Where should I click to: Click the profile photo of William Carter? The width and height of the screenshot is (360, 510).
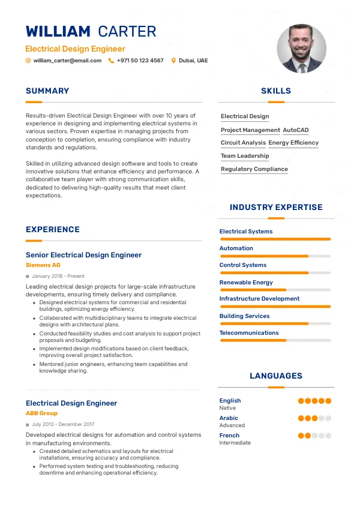tap(302, 49)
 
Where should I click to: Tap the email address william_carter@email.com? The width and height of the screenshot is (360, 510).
tap(67, 61)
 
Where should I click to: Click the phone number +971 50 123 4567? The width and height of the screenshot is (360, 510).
tap(140, 61)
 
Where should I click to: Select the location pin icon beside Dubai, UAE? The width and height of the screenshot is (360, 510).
tap(173, 61)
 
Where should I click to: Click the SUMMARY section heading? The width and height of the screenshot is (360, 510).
tap(47, 91)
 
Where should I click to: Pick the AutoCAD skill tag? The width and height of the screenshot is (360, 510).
tap(295, 130)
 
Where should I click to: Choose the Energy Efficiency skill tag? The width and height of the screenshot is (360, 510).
tap(293, 143)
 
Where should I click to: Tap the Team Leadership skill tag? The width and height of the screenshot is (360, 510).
tap(245, 156)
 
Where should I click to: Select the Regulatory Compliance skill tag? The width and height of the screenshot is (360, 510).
tap(254, 169)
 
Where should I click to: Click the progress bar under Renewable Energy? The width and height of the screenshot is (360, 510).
tap(275, 290)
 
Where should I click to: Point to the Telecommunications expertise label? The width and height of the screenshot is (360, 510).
tap(249, 332)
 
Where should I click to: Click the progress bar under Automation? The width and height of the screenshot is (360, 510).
tap(275, 256)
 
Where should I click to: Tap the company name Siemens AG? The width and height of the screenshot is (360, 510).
tap(43, 265)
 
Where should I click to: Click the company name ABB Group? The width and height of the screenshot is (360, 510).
tap(41, 413)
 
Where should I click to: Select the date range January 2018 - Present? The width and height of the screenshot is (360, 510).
tap(58, 276)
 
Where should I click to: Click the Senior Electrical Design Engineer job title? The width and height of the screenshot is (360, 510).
tap(83, 255)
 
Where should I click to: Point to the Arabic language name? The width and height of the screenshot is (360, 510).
tap(229, 418)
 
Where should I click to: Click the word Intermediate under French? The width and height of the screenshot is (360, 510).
tap(235, 443)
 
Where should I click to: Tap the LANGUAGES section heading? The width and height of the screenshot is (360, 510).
tap(276, 376)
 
